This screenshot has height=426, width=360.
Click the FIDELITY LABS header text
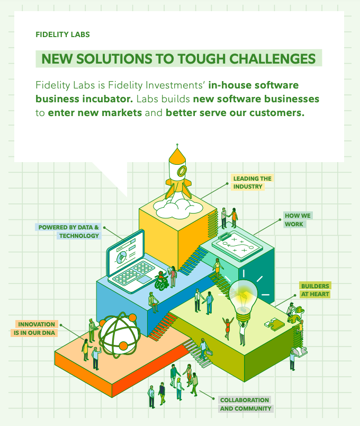click(62, 34)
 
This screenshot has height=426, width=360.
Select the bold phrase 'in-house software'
click(254, 85)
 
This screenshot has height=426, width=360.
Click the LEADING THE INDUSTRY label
click(252, 182)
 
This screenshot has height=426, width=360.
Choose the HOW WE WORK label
click(298, 220)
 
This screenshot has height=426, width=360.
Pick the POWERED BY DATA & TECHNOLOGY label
click(69, 231)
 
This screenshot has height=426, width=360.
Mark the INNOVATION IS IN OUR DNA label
click(36, 328)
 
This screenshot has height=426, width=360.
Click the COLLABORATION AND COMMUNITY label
click(245, 404)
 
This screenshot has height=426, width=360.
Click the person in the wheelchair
click(161, 281)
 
